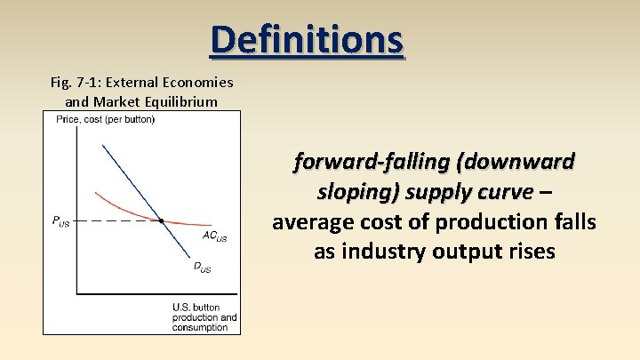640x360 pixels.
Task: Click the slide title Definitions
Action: [x=308, y=40]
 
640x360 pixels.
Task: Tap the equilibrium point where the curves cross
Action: [x=161, y=220]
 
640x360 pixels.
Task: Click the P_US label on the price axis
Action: [x=60, y=222]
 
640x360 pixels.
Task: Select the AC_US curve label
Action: [x=214, y=236]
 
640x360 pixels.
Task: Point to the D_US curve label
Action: [x=202, y=267]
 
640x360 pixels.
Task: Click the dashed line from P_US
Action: [x=116, y=220]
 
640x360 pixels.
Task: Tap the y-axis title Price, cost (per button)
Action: [x=106, y=119]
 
